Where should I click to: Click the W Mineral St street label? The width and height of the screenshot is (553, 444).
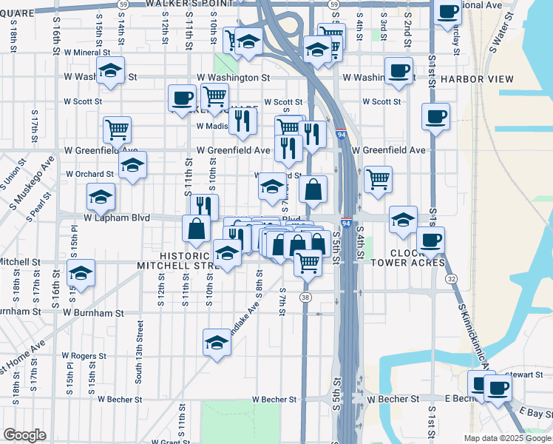86,53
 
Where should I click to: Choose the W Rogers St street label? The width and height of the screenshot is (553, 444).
84,356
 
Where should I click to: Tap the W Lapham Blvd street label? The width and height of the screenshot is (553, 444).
118,218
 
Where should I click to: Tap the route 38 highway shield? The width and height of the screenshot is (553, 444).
305,297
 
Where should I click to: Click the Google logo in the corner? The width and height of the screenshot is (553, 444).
24,435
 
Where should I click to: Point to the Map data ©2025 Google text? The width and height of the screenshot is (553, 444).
507,438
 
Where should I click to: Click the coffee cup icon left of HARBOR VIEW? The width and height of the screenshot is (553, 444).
398,70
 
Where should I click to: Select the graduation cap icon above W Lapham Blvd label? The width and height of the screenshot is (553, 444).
101,196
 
